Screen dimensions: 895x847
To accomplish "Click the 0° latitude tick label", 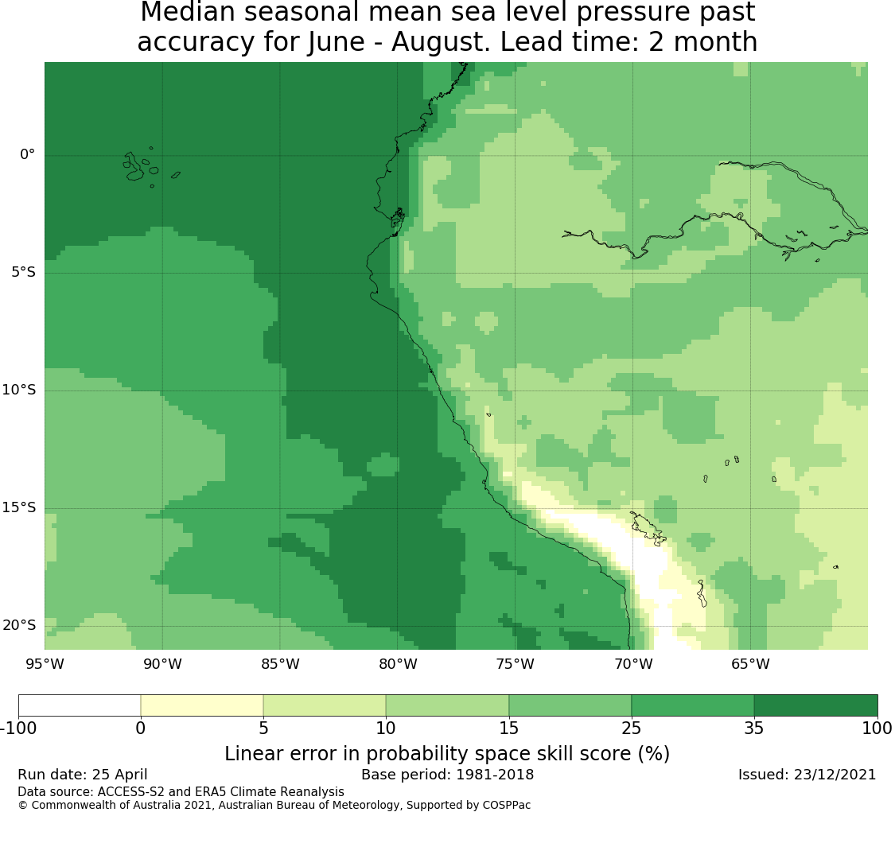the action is (x=27, y=154).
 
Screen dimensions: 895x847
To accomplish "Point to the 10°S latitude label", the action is (x=19, y=390).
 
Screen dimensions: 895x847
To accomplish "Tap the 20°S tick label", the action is (x=19, y=626).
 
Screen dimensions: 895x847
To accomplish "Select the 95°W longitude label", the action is (x=45, y=664).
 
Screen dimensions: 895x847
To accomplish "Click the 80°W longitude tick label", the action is (x=398, y=664).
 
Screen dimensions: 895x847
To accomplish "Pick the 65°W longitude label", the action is (x=750, y=664).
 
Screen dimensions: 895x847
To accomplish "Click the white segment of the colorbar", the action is (x=80, y=705).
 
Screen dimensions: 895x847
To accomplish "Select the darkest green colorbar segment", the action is (x=815, y=705).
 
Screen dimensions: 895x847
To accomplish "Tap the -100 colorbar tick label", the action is (x=18, y=728).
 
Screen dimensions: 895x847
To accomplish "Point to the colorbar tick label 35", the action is (x=754, y=728).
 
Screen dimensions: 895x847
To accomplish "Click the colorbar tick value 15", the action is (x=508, y=728).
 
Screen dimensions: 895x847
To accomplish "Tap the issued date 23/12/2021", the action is (x=834, y=775).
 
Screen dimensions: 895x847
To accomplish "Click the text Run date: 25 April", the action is (x=83, y=775).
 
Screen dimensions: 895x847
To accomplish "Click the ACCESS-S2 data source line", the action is (x=181, y=792).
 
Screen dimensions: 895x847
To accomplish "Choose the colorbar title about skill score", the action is (x=447, y=754).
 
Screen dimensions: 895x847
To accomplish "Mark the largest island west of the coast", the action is (x=134, y=167).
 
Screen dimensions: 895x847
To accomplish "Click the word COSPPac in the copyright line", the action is (x=506, y=806).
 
